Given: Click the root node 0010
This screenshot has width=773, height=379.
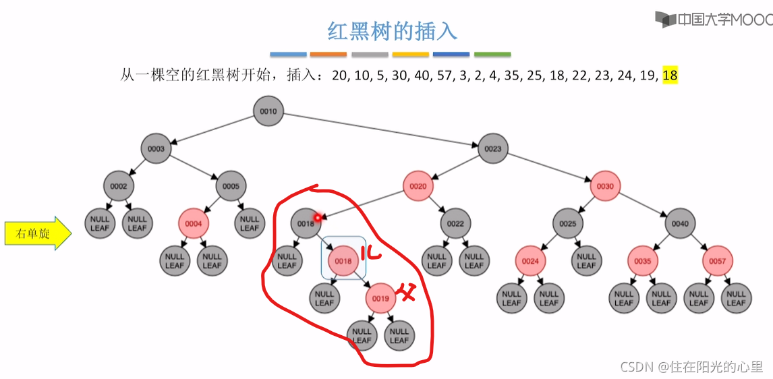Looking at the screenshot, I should tap(268, 111).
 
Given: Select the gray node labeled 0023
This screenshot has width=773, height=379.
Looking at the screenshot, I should tap(492, 148).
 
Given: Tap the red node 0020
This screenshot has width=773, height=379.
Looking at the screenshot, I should tap(418, 185).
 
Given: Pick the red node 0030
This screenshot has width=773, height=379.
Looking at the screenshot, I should tap(605, 185).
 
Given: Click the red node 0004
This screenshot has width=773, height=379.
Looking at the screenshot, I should tap(194, 223).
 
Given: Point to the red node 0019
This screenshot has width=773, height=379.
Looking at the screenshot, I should tap(380, 298).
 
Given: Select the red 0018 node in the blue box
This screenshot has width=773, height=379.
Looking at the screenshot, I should tap(343, 261).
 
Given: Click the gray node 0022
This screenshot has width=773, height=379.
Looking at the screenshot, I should tap(455, 223).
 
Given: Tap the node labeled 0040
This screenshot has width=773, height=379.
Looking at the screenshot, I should tap(680, 223).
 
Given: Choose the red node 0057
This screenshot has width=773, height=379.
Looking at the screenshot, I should tap(717, 261).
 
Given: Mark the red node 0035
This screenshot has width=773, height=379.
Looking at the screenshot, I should tap(642, 261).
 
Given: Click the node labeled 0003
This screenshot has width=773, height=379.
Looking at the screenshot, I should tap(156, 148).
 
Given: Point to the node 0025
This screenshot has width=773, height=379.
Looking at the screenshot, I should tap(567, 223).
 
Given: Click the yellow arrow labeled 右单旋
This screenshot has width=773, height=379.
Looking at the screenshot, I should tap(38, 233).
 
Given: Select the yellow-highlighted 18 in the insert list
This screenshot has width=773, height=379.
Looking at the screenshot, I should tap(670, 76).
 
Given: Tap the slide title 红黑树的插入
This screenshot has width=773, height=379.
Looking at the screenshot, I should tap(392, 32).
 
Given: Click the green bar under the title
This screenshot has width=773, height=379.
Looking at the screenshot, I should tap(492, 55).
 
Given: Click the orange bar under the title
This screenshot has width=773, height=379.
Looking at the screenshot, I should tap(328, 55).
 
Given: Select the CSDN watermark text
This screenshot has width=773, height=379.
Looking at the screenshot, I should tap(691, 367).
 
